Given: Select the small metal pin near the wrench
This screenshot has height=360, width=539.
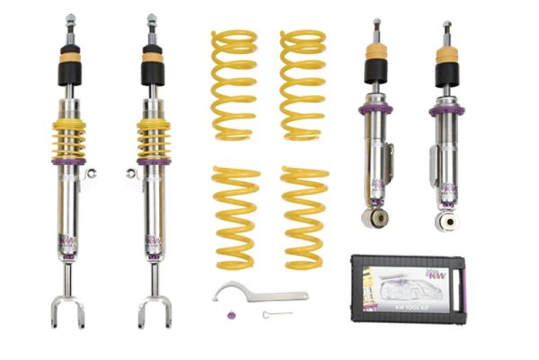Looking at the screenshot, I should click(277, 314).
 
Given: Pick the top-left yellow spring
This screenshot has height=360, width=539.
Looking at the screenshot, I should click(234, 85).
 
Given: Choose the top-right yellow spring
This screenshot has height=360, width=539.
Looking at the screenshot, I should click(303, 85).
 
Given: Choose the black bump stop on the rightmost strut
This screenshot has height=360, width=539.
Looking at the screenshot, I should click(446, 73).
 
